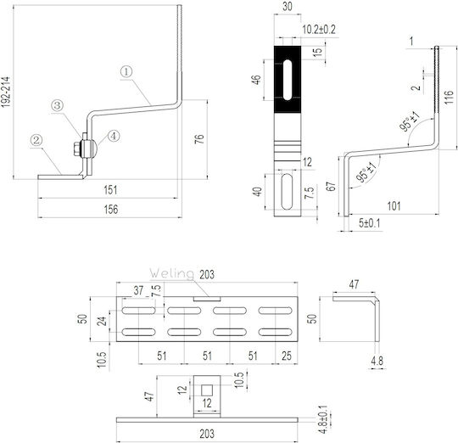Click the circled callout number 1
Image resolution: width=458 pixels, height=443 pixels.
[126, 72]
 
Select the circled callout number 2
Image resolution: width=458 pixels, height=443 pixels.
[36, 140]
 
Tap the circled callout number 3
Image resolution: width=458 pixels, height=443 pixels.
[58, 105]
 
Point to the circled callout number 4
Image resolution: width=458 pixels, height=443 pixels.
[114, 136]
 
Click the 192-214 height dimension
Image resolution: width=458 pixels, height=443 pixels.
[6, 92]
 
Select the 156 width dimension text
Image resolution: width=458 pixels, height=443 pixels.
[111, 210]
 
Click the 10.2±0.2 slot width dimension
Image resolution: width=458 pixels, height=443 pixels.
[319, 30]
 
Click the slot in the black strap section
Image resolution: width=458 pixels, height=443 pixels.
[288, 80]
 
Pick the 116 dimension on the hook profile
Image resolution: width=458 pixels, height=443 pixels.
[450, 97]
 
